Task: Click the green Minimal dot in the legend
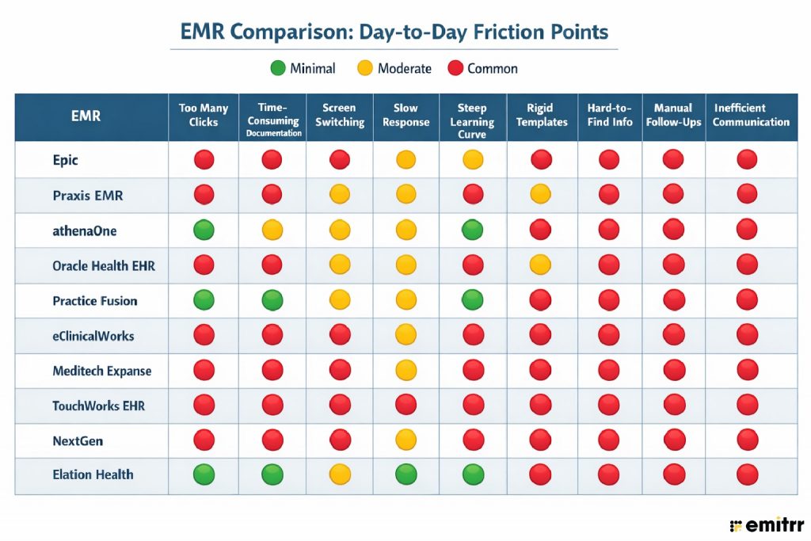tap(278, 68)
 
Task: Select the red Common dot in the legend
tap(455, 68)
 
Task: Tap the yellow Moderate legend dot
tap(364, 68)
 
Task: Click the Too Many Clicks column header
tap(204, 115)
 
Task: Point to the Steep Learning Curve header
tap(472, 120)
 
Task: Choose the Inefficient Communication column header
tap(751, 115)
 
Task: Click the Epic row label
tap(66, 160)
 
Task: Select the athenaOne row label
tap(85, 230)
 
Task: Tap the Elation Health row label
tap(93, 474)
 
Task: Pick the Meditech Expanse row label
tap(101, 371)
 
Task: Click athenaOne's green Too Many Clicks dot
tap(204, 230)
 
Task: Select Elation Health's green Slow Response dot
tap(406, 474)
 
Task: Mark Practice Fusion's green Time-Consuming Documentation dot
tap(272, 301)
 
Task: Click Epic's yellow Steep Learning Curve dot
tap(473, 160)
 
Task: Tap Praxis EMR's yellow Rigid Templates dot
tap(541, 195)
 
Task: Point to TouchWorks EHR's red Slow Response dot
tap(406, 406)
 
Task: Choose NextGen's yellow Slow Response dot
tap(406, 440)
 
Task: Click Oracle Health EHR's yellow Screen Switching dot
tap(340, 265)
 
